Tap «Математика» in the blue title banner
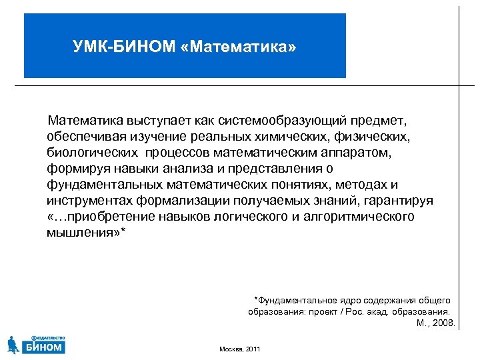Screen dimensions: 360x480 [x=238, y=48]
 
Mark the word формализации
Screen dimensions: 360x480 [x=176, y=201]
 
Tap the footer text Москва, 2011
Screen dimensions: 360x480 [x=240, y=349]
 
